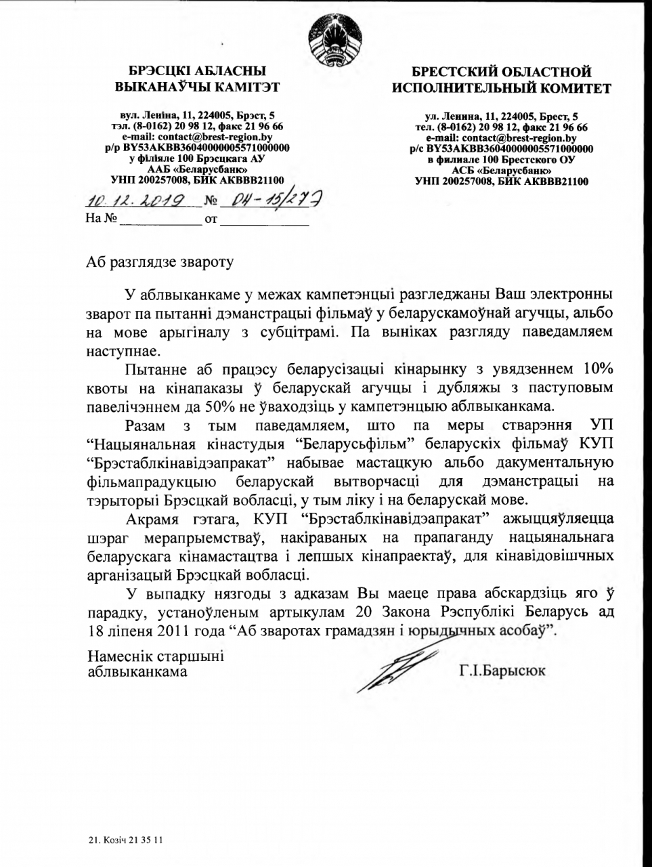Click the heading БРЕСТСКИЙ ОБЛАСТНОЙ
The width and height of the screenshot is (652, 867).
tap(502, 72)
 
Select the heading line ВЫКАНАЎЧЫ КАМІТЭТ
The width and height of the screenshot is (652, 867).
tap(197, 86)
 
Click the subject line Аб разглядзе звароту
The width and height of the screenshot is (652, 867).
tap(160, 261)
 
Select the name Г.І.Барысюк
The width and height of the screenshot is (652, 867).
tap(502, 671)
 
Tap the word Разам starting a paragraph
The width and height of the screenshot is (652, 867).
tap(145, 425)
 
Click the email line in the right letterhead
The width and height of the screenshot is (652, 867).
tap(502, 138)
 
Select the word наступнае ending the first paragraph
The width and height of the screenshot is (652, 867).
tap(125, 352)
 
